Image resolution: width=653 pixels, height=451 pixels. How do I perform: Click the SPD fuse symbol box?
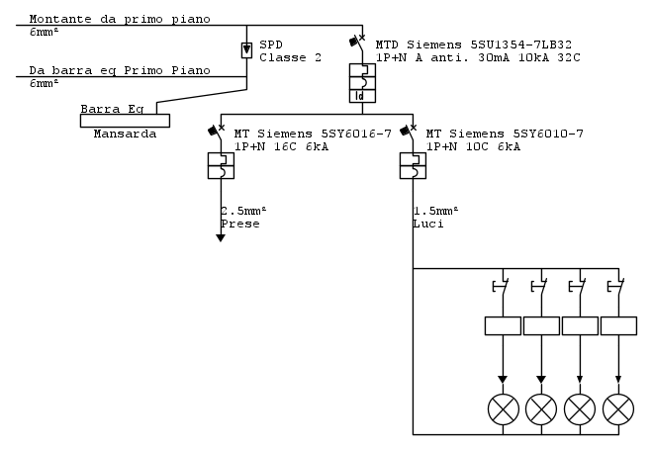tap(247, 49)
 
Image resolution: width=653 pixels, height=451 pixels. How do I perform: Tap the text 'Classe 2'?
tap(291, 57)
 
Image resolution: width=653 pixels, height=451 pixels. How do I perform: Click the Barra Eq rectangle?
tap(124, 121)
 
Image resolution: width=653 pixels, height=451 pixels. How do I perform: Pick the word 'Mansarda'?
tap(125, 134)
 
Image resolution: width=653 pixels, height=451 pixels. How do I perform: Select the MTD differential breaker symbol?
tap(363, 84)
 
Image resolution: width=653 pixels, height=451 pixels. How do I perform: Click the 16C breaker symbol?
tap(221, 165)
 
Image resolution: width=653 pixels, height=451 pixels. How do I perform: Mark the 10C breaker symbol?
tap(414, 165)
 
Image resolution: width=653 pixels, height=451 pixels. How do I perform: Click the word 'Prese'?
tap(240, 225)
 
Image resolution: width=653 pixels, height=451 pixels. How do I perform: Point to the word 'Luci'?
tap(428, 225)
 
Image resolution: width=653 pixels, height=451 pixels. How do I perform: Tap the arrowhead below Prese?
tap(221, 237)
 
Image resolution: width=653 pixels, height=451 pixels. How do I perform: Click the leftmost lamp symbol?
tap(503, 407)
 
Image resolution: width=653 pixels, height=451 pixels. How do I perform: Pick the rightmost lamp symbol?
tap(618, 407)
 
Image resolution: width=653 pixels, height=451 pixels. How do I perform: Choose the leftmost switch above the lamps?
tap(501, 289)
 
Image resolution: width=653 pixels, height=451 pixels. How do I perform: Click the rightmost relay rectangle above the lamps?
tap(618, 325)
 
